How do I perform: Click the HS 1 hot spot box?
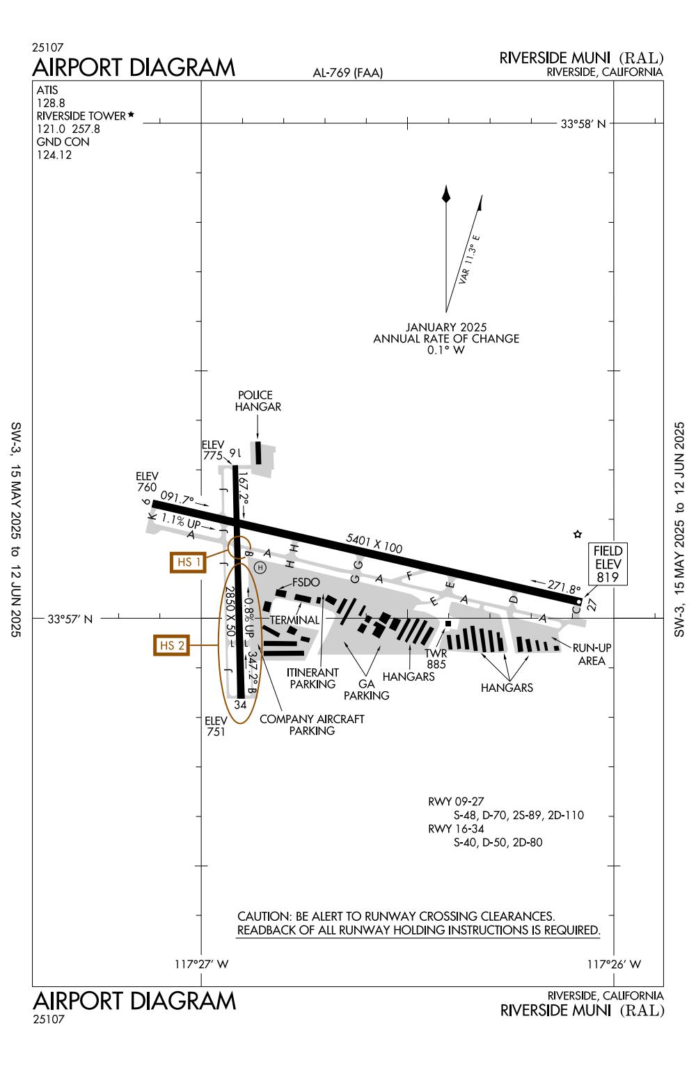coord(188,562)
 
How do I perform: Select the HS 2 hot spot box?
coord(171,645)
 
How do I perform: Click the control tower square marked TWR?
coord(448,623)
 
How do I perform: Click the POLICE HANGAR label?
coord(258,401)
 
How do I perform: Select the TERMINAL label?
coord(294,619)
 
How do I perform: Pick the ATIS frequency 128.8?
coord(47,102)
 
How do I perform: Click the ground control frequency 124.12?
coord(54,155)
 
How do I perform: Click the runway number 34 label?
coord(240,704)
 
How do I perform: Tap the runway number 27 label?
coord(592,605)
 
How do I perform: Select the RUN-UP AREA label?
coord(592,654)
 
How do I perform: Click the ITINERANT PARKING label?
coord(313,679)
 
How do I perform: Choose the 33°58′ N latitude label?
coord(583,124)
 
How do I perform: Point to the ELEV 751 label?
coord(216,726)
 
